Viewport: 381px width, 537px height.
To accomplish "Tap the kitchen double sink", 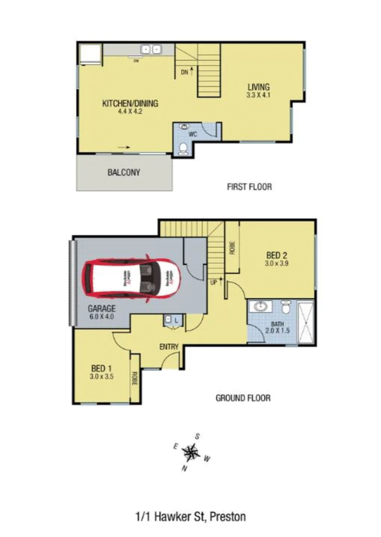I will pos(151,49).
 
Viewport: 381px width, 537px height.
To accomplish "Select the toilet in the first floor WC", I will pos(182,150).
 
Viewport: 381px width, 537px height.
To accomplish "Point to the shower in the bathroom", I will pos(305,322).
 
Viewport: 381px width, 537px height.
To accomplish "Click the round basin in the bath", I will pos(261,306).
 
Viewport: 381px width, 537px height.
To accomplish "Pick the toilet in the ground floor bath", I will pos(286,308).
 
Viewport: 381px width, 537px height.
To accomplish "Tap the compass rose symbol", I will pos(192,451).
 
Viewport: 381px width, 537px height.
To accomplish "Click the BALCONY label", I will pos(124,172).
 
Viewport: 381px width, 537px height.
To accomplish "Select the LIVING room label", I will pos(259,87).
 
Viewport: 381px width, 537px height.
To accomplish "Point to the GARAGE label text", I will pos(101,308).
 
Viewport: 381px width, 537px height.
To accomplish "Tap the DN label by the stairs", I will pos(184,72).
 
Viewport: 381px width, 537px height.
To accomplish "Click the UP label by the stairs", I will pos(214,283).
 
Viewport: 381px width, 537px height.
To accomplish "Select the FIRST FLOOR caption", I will pos(250,186).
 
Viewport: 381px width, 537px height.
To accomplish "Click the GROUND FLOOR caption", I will pos(243,397).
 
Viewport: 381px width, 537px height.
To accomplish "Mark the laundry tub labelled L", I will pos(170,321).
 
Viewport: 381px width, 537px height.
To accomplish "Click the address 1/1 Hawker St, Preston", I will pos(190,516).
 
